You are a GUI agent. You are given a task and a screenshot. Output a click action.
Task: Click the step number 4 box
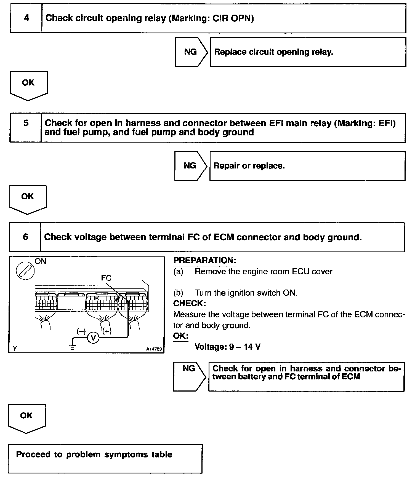26,18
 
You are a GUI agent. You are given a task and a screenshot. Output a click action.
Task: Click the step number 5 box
25,128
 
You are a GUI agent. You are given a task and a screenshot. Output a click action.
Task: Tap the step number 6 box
25,237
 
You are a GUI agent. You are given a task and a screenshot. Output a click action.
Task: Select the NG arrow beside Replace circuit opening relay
191,52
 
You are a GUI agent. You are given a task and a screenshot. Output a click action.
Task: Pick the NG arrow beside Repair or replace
190,166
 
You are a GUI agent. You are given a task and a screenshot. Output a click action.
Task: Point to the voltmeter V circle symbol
93,338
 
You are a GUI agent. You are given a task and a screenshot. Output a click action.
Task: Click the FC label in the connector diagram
106,278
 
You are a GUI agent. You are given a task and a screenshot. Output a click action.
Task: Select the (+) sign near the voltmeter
107,331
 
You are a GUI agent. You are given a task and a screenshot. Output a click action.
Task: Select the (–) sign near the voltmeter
81,331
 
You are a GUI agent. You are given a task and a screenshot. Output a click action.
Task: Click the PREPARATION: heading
204,261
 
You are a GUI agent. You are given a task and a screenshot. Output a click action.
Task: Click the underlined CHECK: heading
189,303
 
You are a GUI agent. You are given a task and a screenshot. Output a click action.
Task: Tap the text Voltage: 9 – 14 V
227,347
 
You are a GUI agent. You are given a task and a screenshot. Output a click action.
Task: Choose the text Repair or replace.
249,166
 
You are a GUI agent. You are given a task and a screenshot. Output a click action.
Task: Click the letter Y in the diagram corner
15,349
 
